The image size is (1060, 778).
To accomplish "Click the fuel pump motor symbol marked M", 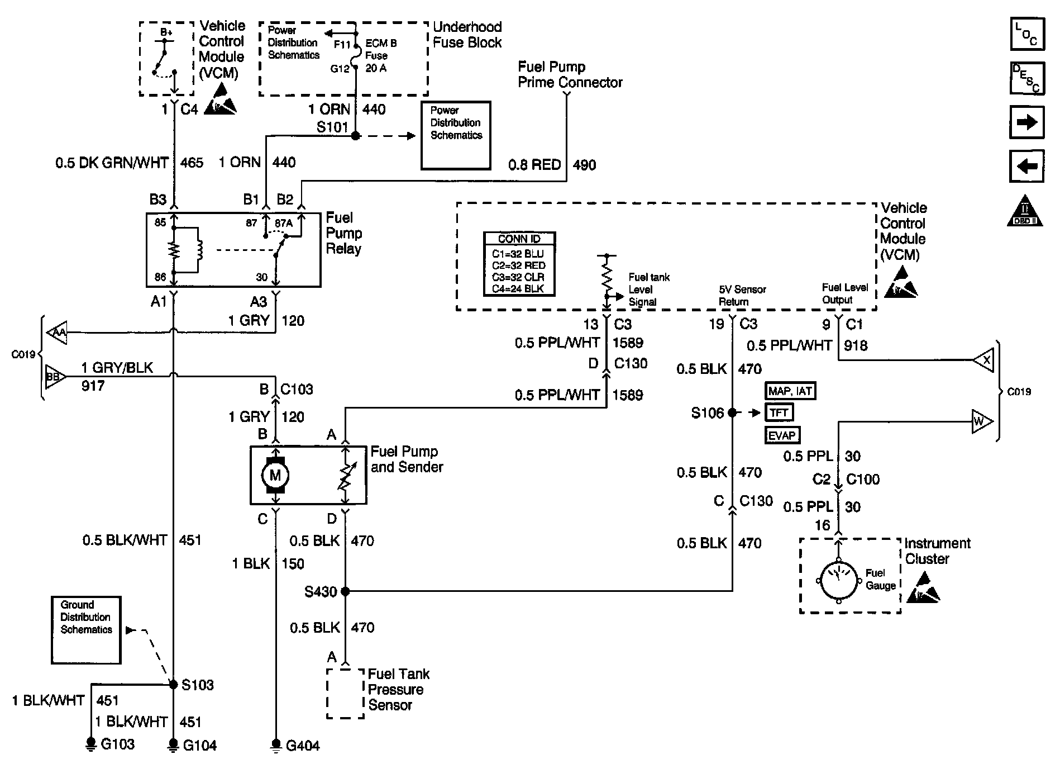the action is point(275,476).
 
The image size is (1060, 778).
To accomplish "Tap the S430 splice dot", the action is point(345,591).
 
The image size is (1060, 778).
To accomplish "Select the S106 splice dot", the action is point(732,413).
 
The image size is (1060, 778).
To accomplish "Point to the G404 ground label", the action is point(303,746).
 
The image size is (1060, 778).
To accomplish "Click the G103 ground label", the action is point(117,744).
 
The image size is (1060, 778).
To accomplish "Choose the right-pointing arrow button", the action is point(1026,122).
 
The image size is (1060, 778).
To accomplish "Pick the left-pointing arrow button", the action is point(1026,166).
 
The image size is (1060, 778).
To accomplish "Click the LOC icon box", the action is point(1026,34).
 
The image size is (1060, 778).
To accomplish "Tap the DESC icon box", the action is point(1026,78).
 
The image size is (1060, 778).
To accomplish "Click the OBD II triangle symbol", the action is point(1026,211).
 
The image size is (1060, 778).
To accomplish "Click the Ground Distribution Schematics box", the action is point(86,630).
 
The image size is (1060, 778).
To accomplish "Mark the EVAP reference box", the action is point(782,435).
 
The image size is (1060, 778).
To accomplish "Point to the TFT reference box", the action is point(779,413).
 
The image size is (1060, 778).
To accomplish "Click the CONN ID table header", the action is point(519,239).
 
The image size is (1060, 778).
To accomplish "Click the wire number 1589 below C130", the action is point(628,395).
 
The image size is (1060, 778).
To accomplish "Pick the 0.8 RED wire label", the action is point(534,165).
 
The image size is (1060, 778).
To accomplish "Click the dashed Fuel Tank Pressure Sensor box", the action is point(345,693).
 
